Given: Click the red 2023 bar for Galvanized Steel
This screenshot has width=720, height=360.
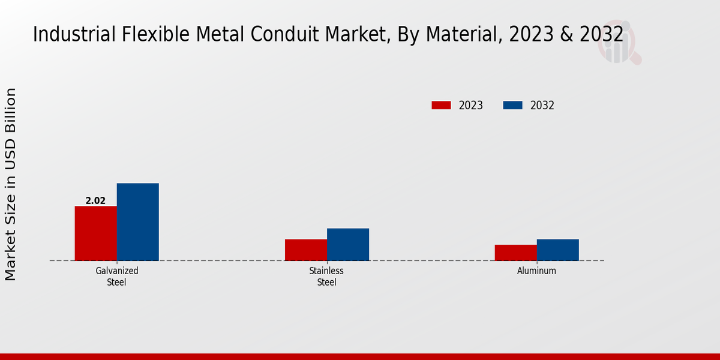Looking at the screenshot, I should [x=96, y=233].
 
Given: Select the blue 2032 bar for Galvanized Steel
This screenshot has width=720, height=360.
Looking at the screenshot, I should [x=138, y=222].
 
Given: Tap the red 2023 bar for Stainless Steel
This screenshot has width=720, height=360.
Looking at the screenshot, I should [x=306, y=250].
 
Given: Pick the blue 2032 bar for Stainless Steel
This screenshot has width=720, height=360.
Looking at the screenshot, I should [x=348, y=244].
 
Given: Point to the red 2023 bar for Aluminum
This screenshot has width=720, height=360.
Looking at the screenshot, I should [x=516, y=253].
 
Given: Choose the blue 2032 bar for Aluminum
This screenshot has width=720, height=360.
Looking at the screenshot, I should [x=558, y=250].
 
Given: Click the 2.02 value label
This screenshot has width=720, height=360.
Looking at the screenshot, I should [x=95, y=201].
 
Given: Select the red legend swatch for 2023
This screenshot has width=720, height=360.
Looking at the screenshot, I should [x=441, y=106].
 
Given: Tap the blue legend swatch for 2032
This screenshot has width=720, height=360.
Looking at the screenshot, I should [x=512, y=106].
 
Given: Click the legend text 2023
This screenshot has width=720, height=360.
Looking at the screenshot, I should [x=471, y=106].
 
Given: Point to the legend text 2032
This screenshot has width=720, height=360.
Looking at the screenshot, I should [x=542, y=106].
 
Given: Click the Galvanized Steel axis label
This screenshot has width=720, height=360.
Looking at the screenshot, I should [x=117, y=276].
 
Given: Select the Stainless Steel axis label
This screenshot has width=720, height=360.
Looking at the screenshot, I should [x=327, y=276].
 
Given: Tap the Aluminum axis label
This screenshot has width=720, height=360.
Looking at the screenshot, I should [x=537, y=271].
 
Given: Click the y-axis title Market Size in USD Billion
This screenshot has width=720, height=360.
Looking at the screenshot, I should [x=11, y=184].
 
